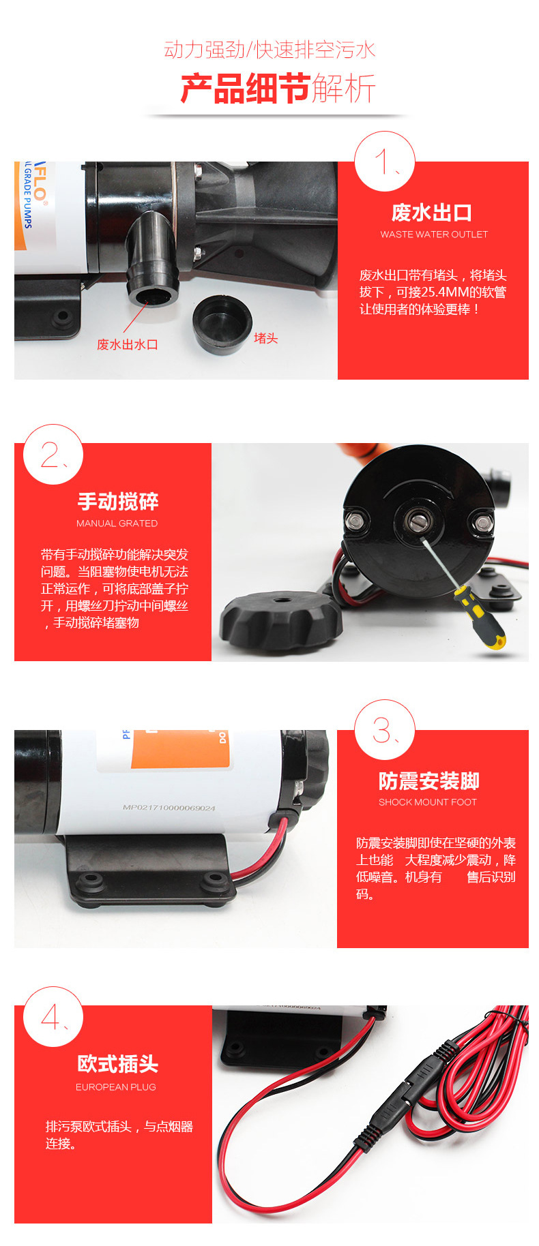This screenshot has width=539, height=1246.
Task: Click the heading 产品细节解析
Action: click(x=278, y=89)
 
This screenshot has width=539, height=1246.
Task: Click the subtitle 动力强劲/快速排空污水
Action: click(x=269, y=50)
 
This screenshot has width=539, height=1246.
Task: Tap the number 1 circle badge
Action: click(x=385, y=162)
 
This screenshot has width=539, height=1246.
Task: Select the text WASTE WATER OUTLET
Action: click(x=434, y=234)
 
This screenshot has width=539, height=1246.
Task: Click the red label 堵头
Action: click(x=265, y=338)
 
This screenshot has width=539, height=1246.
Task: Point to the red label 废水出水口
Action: click(x=128, y=344)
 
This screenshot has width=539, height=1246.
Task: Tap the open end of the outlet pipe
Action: click(x=152, y=297)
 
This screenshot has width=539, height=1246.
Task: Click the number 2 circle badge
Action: click(x=53, y=455)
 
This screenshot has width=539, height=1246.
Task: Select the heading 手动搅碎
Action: click(x=118, y=502)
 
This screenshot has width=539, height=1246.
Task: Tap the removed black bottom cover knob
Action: click(x=280, y=620)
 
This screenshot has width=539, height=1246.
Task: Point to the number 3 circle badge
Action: click(x=385, y=730)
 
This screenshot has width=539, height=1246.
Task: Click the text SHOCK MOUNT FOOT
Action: click(x=428, y=802)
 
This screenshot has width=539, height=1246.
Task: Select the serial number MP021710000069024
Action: click(x=169, y=808)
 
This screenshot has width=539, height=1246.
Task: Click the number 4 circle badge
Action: click(x=53, y=1017)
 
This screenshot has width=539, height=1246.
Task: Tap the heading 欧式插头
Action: click(x=118, y=1063)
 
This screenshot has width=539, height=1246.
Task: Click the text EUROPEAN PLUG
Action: click(x=116, y=1087)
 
